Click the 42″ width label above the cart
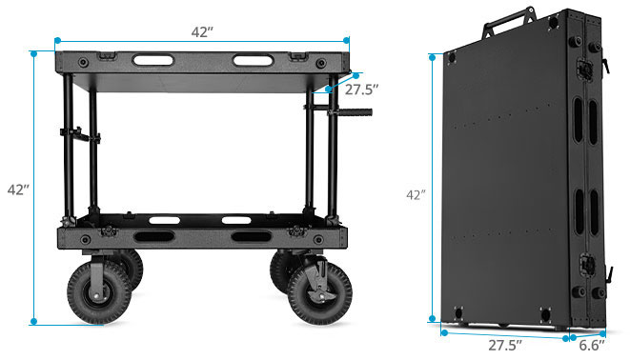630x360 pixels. (x=202, y=31)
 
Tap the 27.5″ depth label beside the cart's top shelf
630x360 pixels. (x=363, y=90)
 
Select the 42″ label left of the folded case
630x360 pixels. (x=416, y=195)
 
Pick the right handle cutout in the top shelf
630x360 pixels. (x=253, y=61)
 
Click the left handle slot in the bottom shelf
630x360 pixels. (x=154, y=235)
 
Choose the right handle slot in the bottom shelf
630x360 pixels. (x=251, y=235)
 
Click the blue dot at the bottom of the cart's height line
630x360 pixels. (x=34, y=322)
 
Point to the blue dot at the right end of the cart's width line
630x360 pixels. (x=349, y=41)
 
